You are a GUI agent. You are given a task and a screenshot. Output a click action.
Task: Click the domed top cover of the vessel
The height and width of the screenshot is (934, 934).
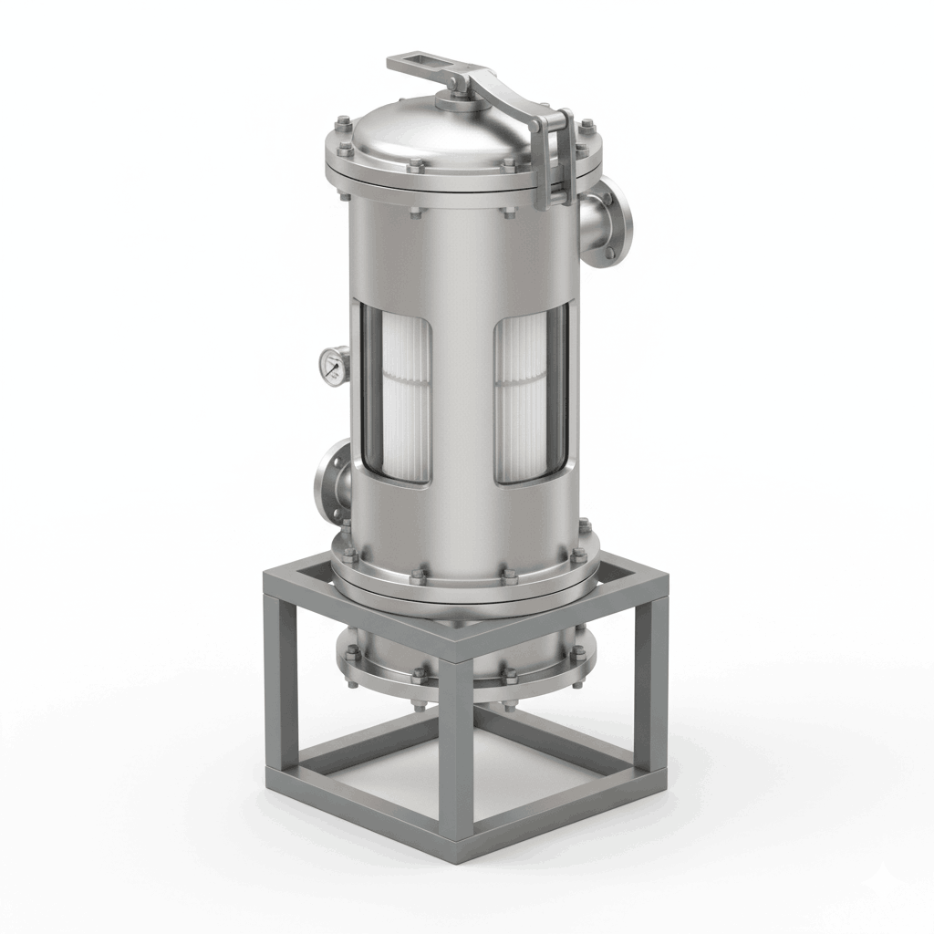click(429, 137)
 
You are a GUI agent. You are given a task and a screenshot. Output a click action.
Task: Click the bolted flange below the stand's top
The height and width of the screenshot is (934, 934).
click(465, 675)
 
